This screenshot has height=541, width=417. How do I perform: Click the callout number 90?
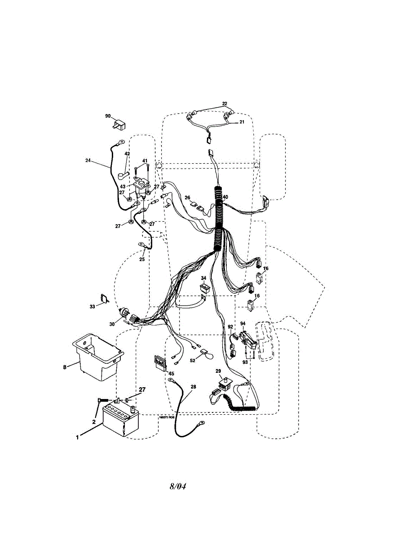click(108, 116)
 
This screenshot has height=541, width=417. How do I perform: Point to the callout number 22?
click(225, 104)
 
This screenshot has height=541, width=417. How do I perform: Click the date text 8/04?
click(178, 486)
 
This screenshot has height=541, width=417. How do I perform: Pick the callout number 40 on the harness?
click(225, 197)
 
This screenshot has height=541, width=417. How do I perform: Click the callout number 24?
click(88, 160)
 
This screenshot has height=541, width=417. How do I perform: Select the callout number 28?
click(193, 386)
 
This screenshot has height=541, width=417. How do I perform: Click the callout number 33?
click(92, 307)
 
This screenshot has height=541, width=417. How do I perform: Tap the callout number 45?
click(171, 373)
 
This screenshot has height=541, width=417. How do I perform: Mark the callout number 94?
click(243, 323)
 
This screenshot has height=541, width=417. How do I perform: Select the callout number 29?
click(218, 371)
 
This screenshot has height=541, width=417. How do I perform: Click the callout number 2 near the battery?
click(94, 422)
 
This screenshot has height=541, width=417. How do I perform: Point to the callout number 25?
click(142, 259)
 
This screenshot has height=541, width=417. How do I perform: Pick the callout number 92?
click(230, 327)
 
